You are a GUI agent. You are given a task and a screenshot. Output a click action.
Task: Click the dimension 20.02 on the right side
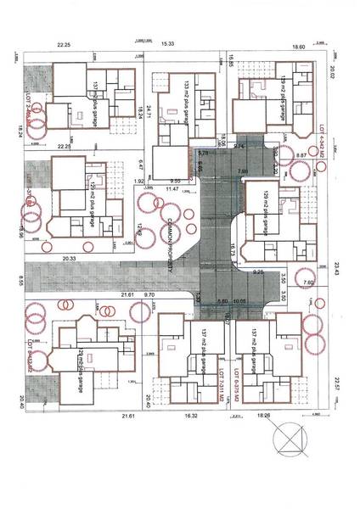click(x=334, y=79)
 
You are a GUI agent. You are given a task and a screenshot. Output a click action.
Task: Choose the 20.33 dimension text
click(x=69, y=257)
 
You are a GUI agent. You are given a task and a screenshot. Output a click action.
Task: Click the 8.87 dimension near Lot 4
click(x=301, y=155)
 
